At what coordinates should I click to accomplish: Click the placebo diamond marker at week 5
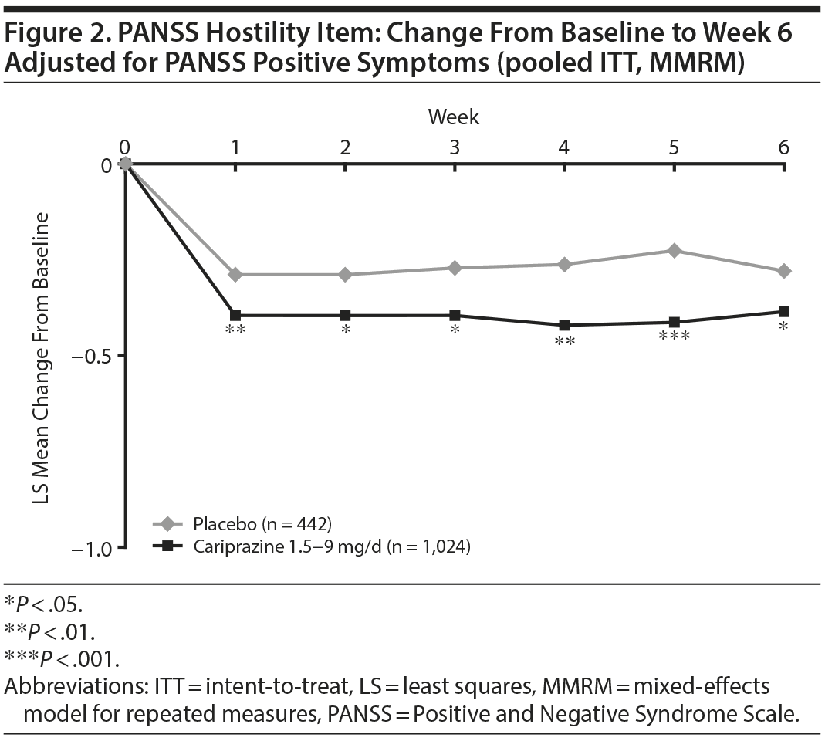(x=674, y=250)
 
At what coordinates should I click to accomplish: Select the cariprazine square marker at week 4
(x=564, y=325)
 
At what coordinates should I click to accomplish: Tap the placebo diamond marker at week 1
(x=235, y=274)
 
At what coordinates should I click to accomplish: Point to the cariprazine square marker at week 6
(x=783, y=311)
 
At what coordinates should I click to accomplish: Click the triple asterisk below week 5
(x=674, y=337)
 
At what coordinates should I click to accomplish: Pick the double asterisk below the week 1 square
(x=235, y=330)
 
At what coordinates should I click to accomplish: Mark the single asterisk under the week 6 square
(x=783, y=328)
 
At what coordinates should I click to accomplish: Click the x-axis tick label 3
(x=455, y=147)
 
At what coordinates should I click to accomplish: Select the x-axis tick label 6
(x=783, y=147)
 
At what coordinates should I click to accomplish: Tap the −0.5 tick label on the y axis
(x=90, y=356)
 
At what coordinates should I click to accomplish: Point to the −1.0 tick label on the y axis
(x=90, y=548)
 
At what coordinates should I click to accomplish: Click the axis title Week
(x=454, y=117)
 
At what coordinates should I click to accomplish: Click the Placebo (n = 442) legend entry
(x=258, y=525)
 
